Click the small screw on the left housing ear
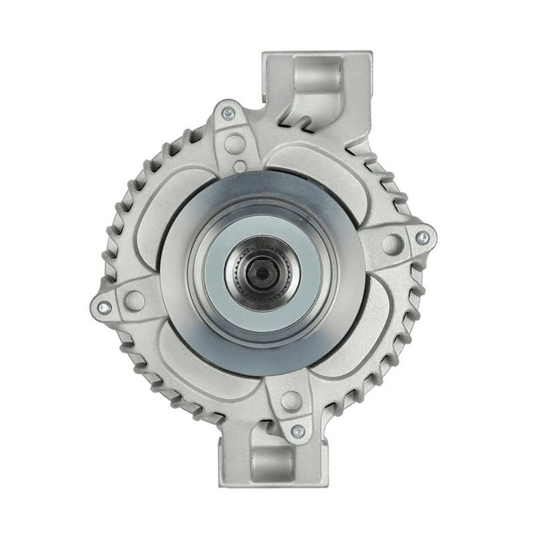click(x=103, y=307)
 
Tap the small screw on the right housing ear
click(x=422, y=237)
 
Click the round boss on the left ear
click(x=134, y=300)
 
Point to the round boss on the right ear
click(x=391, y=244)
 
